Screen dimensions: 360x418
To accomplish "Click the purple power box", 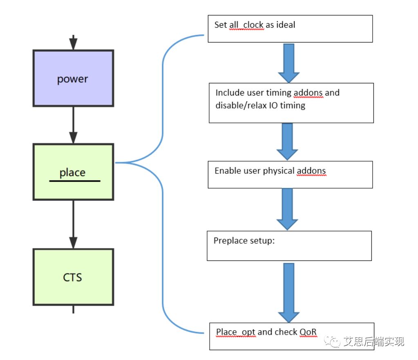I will click(73, 78).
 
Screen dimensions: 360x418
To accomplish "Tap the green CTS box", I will click(73, 277).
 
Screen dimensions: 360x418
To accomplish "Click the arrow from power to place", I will click(73, 124).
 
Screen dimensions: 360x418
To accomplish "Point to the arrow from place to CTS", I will click(73, 224).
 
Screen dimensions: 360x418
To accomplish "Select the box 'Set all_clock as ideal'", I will click(290, 29).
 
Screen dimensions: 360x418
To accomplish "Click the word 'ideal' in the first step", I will click(286, 24).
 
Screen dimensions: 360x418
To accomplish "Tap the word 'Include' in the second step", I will click(230, 93).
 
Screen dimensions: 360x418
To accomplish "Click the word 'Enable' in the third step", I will click(227, 171).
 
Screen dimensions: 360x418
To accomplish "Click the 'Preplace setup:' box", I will click(289, 246).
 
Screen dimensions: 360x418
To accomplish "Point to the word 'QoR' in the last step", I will click(308, 332).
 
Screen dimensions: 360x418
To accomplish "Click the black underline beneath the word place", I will click(75, 180).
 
